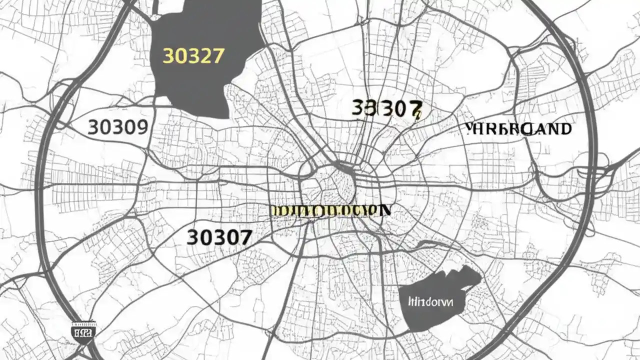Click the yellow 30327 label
pos(193,56)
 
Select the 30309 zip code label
pos(118,127)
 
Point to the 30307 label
pos(219,237)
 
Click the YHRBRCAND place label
pos(518,129)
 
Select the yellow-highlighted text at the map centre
pos(330,210)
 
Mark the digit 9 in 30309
pos(141,127)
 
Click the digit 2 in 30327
pos(205,56)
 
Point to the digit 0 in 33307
pos(400,108)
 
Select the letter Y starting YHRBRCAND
pos(469,129)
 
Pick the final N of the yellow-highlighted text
pos(385,210)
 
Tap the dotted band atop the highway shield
pos(84,323)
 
